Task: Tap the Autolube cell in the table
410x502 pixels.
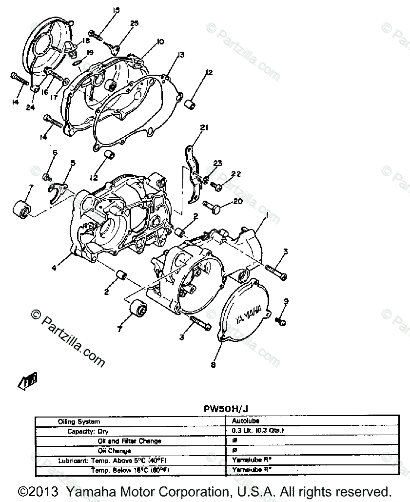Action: coord(246,420)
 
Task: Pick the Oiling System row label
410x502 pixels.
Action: coord(79,421)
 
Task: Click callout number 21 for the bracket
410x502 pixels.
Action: coord(204,128)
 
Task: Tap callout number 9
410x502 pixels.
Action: coord(286,301)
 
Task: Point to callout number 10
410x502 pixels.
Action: coord(160,42)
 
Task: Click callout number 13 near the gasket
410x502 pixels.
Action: coord(181,55)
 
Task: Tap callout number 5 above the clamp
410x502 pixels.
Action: coord(73,163)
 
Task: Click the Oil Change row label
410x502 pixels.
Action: coord(115,451)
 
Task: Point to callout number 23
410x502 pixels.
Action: coord(217,163)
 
